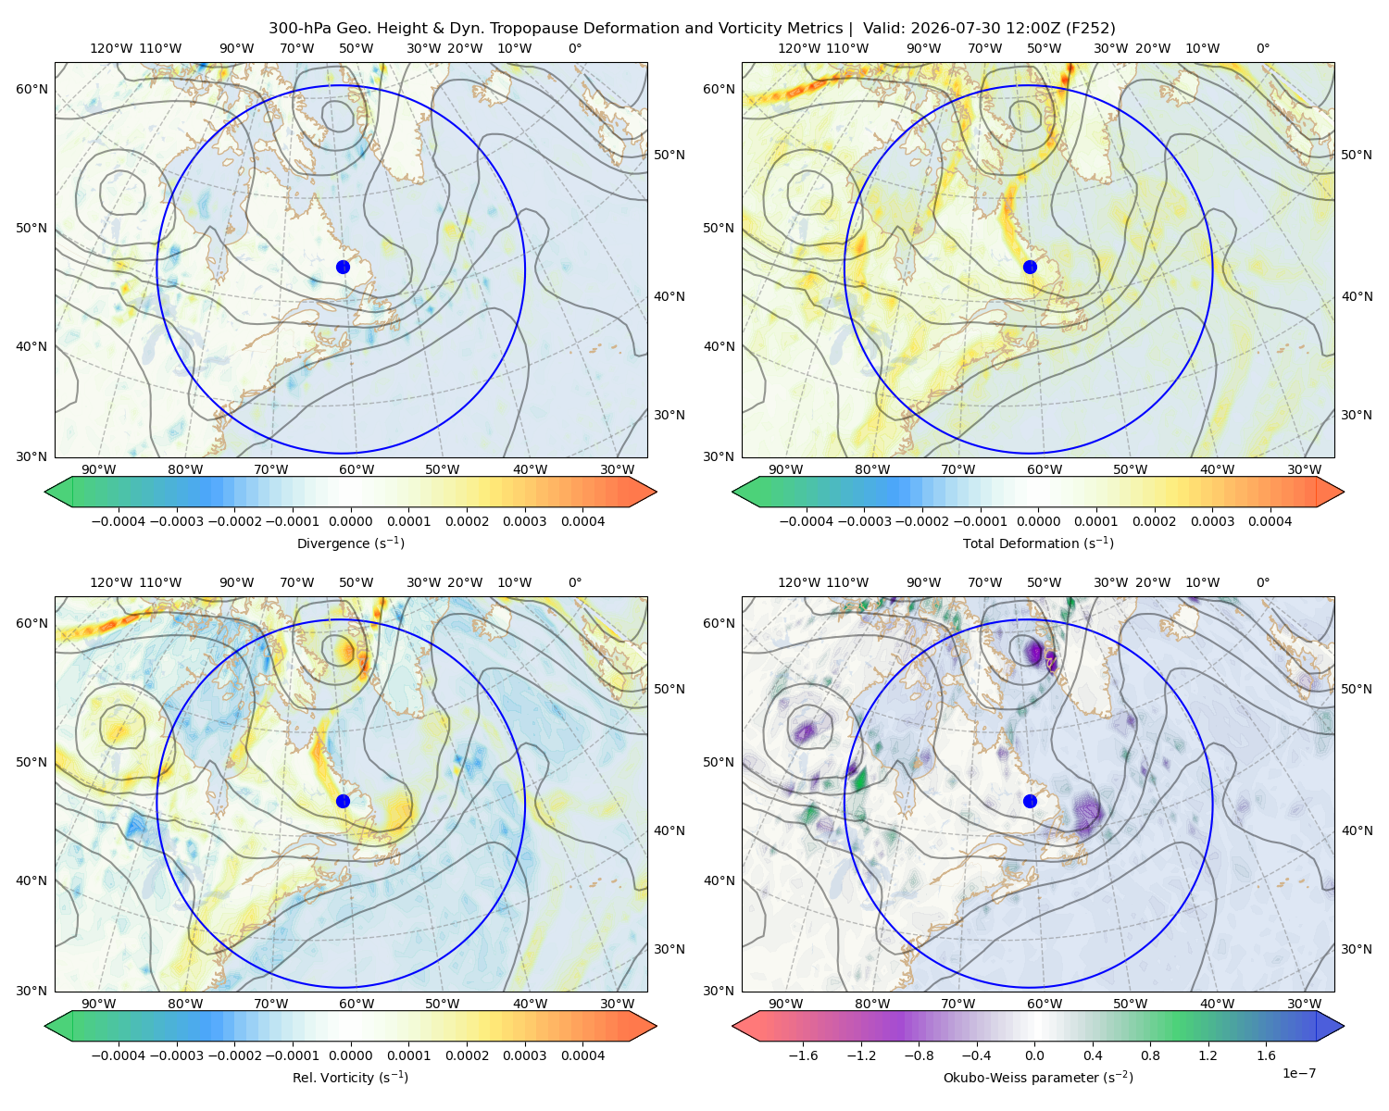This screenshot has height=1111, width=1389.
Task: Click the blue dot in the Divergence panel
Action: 343,268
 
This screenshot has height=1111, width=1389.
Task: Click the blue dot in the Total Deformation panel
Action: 1030,268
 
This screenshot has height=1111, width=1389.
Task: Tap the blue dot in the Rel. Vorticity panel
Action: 343,801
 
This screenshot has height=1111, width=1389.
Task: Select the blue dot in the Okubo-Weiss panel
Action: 1030,801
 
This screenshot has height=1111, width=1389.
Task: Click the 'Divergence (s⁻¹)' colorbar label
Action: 350,543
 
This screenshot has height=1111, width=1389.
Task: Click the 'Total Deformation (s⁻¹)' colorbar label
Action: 1038,543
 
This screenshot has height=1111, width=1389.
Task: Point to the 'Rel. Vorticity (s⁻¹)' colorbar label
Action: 350,1078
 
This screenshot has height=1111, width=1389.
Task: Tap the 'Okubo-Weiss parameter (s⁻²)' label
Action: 1038,1078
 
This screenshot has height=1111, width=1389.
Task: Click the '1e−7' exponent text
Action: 1298,1074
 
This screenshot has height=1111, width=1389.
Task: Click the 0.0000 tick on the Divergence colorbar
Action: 350,521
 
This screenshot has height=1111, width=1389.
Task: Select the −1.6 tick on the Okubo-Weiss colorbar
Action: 803,1055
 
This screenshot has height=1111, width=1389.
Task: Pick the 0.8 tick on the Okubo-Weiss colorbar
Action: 1150,1055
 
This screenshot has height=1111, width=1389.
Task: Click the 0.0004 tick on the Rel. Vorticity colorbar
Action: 582,1055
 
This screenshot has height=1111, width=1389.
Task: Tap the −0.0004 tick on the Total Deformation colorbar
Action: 807,521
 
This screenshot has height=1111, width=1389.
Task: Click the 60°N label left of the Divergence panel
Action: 31,89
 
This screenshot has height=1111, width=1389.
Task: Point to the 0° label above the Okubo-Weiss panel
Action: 1262,582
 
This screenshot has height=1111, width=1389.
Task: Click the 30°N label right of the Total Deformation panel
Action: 1357,415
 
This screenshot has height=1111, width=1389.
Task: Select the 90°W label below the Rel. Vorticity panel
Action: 99,1004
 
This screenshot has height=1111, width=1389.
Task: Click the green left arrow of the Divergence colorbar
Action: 58,492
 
